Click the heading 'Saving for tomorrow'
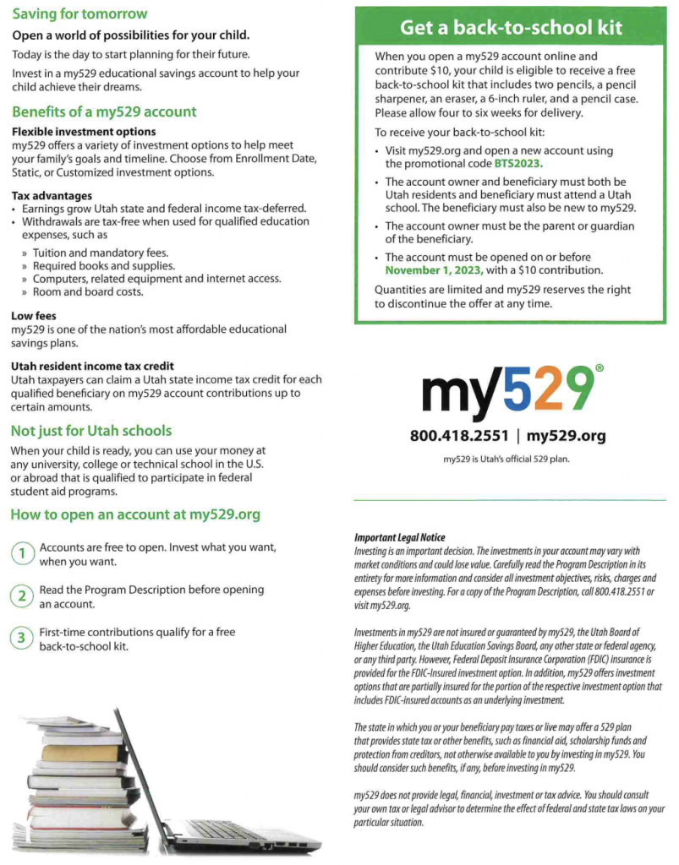coord(79,14)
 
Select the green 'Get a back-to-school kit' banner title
coord(511,27)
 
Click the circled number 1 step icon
coord(22,554)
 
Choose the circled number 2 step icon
coord(22,596)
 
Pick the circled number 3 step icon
coord(22,639)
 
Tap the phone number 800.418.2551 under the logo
coord(459,437)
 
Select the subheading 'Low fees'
coord(34,315)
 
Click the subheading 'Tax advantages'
coord(52,195)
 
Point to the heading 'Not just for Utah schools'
coord(90,431)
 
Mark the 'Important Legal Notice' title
coord(399,537)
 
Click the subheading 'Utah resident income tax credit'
coord(93,366)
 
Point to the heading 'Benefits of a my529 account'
coord(104,112)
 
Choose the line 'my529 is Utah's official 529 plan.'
coord(507,459)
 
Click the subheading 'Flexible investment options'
coord(83,132)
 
